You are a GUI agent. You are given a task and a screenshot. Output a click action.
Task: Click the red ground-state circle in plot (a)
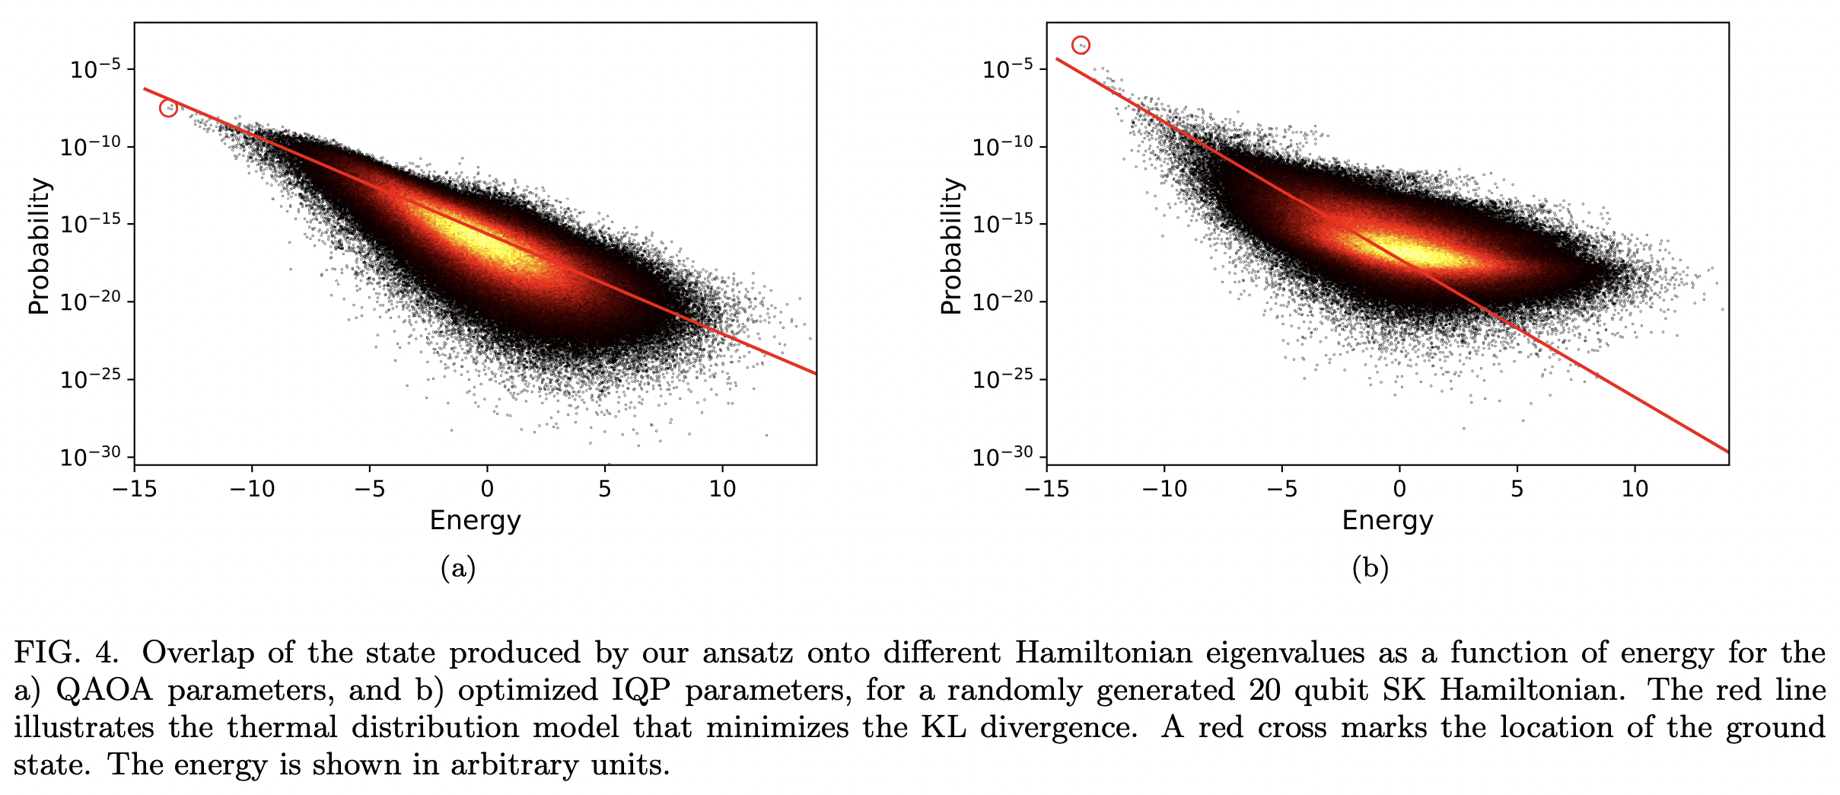point(168,108)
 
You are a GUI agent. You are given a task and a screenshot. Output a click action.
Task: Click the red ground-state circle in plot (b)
point(1081,45)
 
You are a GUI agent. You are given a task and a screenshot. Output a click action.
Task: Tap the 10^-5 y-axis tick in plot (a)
point(95,69)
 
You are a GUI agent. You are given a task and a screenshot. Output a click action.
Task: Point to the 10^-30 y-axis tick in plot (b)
point(1008,457)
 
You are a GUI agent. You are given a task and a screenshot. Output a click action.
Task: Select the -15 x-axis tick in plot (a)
point(134,488)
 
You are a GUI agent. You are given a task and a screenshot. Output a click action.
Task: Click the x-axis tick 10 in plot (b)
point(1635,488)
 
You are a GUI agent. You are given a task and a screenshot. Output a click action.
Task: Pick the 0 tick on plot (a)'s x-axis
point(487,488)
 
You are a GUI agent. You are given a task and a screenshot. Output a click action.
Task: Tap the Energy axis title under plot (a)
point(475,520)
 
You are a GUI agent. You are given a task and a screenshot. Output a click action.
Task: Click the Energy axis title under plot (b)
point(1387,520)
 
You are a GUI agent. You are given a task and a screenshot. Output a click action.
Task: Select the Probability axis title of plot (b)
point(951,246)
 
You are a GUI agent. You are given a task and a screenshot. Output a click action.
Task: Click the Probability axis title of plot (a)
point(39,246)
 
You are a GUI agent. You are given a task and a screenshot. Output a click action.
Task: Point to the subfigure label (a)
point(458,568)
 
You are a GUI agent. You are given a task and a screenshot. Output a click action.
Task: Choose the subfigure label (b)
point(1370,568)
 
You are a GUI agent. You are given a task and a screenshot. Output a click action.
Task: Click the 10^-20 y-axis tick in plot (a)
point(91,302)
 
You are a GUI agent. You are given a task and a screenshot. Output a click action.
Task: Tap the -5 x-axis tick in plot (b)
point(1281,488)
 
